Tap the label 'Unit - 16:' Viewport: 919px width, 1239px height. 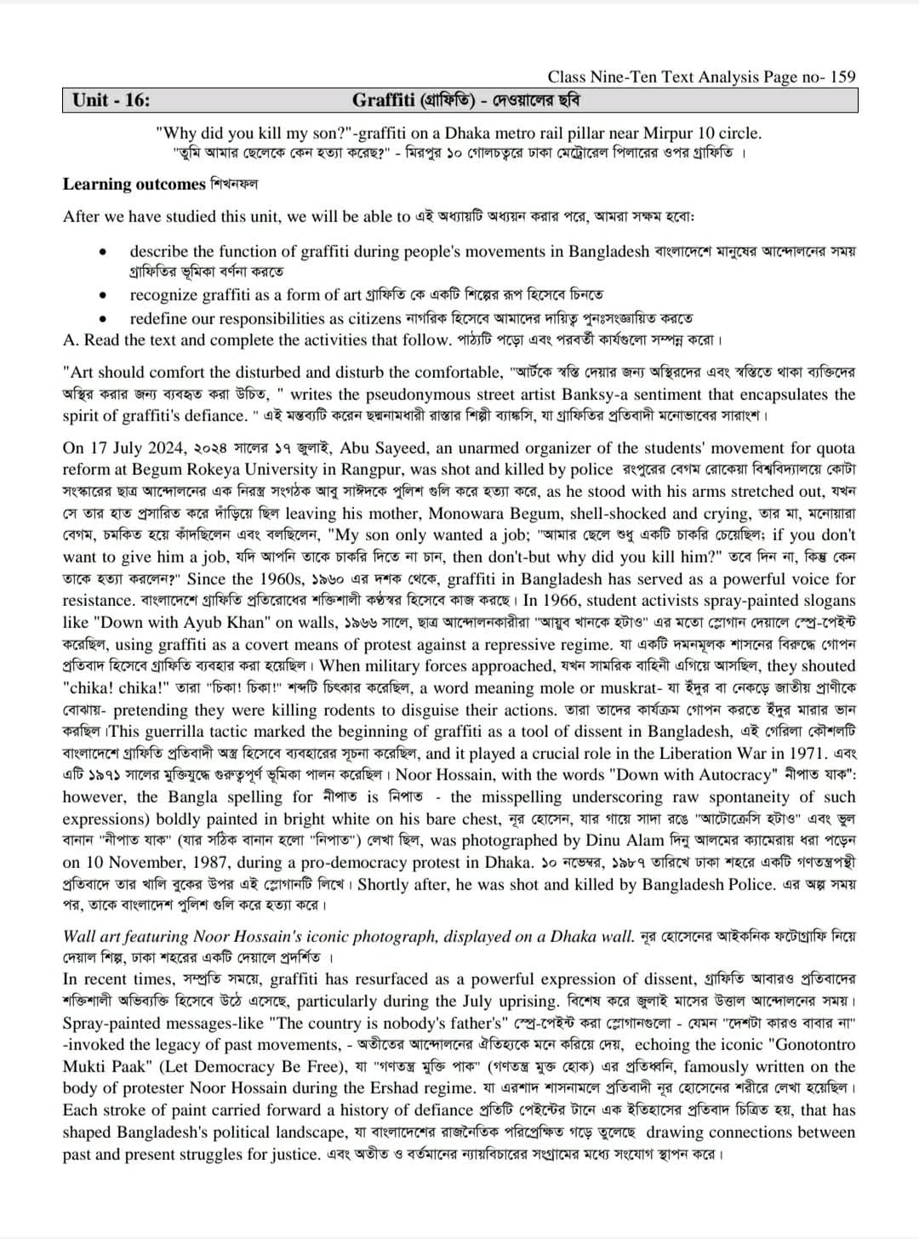tap(111, 100)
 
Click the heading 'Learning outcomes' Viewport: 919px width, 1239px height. tap(134, 184)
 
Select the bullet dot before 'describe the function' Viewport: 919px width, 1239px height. tap(102, 253)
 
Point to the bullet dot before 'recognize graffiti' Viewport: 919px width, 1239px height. tap(102, 296)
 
